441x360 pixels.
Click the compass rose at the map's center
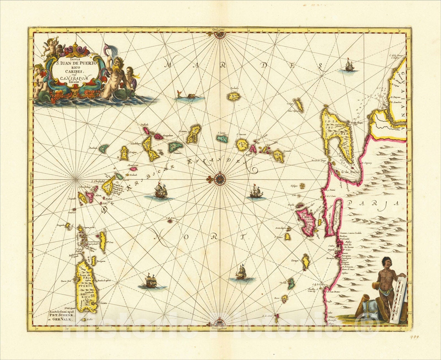pos(220,179)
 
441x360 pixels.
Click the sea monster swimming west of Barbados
pos(190,96)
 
